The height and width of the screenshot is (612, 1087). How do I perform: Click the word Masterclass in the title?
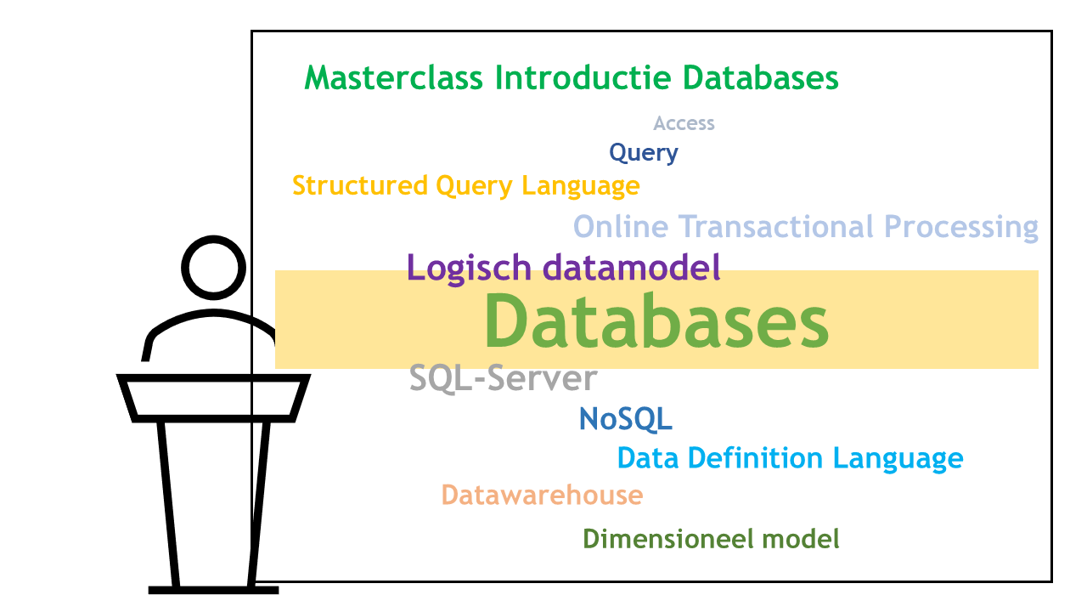(395, 78)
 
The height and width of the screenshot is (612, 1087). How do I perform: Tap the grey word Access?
(684, 123)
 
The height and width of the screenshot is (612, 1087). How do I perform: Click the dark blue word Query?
(644, 153)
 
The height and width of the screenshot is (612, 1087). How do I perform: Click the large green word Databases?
(656, 321)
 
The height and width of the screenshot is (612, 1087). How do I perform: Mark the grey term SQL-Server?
(503, 378)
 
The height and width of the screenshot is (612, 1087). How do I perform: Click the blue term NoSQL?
(625, 418)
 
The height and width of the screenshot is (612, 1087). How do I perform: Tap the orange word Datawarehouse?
(542, 495)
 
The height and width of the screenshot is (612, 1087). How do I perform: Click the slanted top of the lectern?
(213, 398)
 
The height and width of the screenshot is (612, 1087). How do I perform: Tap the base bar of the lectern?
(213, 589)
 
